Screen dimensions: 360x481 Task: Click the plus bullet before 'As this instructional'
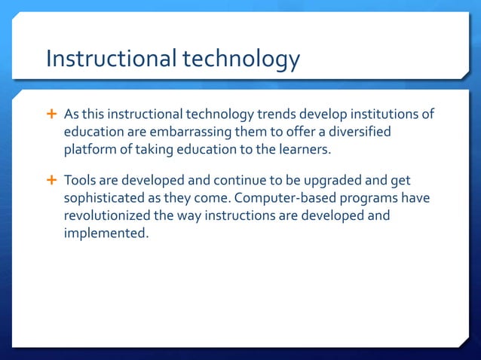[x=52, y=114]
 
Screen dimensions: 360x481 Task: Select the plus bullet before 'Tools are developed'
[x=52, y=181]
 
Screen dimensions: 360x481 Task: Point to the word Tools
[x=80, y=182]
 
